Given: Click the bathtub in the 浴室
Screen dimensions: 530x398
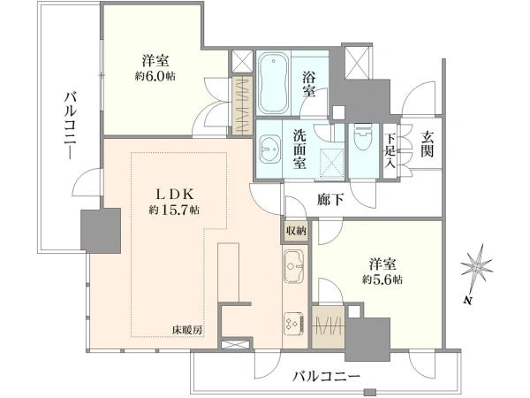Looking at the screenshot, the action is point(273,83).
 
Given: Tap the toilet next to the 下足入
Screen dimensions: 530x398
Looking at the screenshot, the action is point(363,137).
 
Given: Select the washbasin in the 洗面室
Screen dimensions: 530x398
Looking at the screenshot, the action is point(270,149).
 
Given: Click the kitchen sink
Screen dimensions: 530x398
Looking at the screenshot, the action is point(294,266).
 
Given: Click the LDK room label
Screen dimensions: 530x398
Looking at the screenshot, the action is point(174,195).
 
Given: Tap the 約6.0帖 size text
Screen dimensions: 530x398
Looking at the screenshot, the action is point(155,76).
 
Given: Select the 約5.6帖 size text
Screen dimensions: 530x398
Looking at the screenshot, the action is point(382,279).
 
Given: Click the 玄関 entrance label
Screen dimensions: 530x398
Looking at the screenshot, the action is point(428,144).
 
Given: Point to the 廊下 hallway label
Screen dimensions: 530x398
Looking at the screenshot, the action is point(330,200).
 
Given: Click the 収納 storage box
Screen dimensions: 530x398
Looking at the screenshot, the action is point(296,231).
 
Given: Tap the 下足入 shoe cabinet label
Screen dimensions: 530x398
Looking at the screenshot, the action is point(390,149).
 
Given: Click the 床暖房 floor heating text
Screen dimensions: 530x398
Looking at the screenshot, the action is point(187,330).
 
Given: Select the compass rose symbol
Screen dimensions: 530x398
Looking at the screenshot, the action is point(477,268).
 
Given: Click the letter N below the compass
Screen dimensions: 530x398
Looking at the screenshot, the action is point(468,301).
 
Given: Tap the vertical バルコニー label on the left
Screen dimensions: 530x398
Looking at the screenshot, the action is point(71,126).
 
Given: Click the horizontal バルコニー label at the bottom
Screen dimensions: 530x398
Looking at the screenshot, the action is point(326,376).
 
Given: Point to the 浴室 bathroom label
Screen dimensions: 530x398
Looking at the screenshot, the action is point(308,85).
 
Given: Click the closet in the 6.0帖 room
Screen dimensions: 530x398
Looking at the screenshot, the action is point(243,105).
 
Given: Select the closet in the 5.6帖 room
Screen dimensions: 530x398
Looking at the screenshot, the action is point(328,327).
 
